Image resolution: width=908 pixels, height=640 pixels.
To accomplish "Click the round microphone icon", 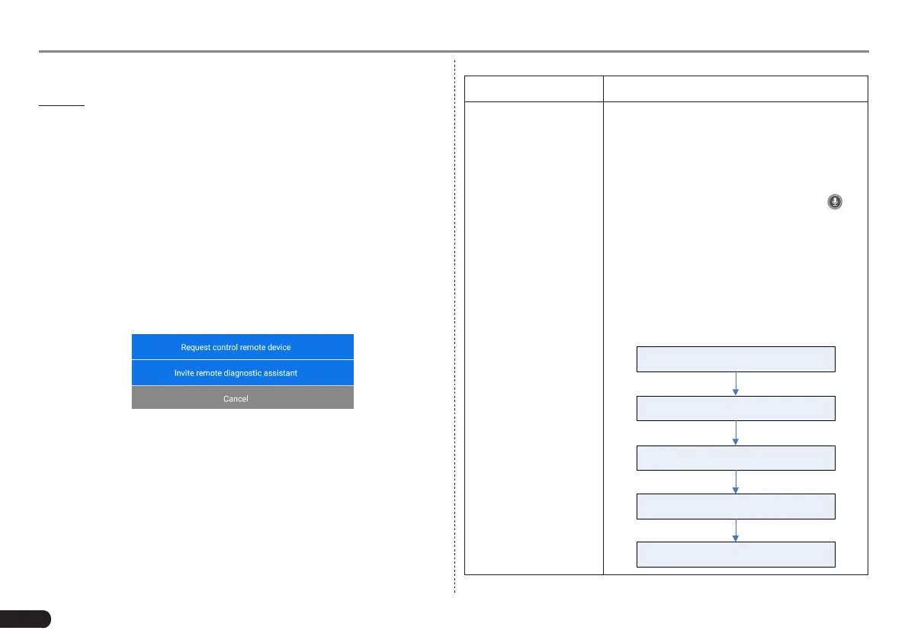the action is pos(836,202).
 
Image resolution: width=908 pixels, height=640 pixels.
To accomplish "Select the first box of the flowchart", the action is pos(736,359).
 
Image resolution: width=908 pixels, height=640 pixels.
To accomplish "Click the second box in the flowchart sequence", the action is pos(736,408).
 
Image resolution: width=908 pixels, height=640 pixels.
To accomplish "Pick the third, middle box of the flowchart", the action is pos(736,458).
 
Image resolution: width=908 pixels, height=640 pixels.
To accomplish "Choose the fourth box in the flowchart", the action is pos(736,506).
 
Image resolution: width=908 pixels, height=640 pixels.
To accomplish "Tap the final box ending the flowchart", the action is pos(736,555).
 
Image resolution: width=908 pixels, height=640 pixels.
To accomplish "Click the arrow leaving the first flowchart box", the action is pos(736,384).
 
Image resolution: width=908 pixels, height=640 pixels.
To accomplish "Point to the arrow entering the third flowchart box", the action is pos(736,433).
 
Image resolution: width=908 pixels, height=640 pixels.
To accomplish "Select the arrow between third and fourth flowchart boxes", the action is pos(736,482).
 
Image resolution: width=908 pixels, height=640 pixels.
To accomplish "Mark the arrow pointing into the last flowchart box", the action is pos(736,530).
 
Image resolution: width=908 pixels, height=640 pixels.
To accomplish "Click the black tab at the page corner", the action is pos(24,618).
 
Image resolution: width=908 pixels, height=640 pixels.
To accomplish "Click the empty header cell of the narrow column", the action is pos(534,88).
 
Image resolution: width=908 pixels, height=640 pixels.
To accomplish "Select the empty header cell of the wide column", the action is pos(736,88).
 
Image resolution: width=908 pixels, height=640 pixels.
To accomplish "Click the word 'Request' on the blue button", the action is pos(196,347).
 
